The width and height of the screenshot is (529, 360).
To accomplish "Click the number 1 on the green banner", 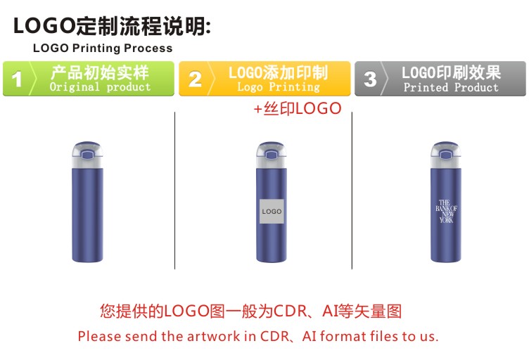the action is tap(17, 79).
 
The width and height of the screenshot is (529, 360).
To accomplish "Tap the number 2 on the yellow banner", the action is tap(195, 79).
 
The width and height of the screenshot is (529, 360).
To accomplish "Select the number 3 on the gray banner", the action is tap(370, 79).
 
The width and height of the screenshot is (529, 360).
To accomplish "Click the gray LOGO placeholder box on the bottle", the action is tap(272, 212).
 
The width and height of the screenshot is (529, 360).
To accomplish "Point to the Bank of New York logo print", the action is tap(446, 212).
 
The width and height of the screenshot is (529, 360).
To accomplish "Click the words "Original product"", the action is tap(100, 87).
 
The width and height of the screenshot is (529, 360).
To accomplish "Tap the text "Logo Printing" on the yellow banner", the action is tap(279, 87).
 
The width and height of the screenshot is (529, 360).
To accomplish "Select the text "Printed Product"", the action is tap(451, 87).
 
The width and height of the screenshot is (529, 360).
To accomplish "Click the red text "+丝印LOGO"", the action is tap(298, 108).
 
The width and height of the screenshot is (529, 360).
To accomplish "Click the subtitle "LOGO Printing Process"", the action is tap(103, 49).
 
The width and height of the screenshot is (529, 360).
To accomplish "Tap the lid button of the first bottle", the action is tap(88, 155).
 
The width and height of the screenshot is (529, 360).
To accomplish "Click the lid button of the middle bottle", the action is tap(272, 155).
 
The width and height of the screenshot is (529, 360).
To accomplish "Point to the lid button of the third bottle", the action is tap(446, 155).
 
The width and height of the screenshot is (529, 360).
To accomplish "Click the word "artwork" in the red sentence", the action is tap(213, 336).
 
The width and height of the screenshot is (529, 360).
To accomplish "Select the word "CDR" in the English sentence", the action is tap(274, 336).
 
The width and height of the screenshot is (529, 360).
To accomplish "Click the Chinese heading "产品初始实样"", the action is tap(100, 72).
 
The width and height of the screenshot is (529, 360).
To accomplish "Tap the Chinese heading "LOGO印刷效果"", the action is tap(451, 72).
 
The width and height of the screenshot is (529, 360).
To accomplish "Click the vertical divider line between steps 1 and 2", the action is tap(174, 191).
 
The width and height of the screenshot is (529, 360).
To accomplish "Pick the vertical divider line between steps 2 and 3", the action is tap(352, 191).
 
